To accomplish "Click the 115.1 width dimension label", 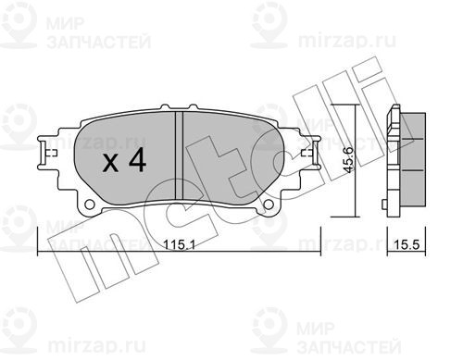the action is (x=179, y=245).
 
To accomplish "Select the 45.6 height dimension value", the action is (x=349, y=160).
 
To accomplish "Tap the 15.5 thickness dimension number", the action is (x=407, y=244).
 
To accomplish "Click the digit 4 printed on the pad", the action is (x=138, y=159).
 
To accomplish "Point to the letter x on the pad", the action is (x=110, y=163).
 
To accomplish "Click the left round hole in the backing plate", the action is (x=90, y=205).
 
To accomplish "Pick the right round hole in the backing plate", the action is (x=269, y=205).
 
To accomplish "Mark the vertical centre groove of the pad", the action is (x=179, y=155).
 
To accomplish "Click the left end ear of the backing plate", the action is (x=48, y=153).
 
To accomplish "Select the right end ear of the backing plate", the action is (x=310, y=153).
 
